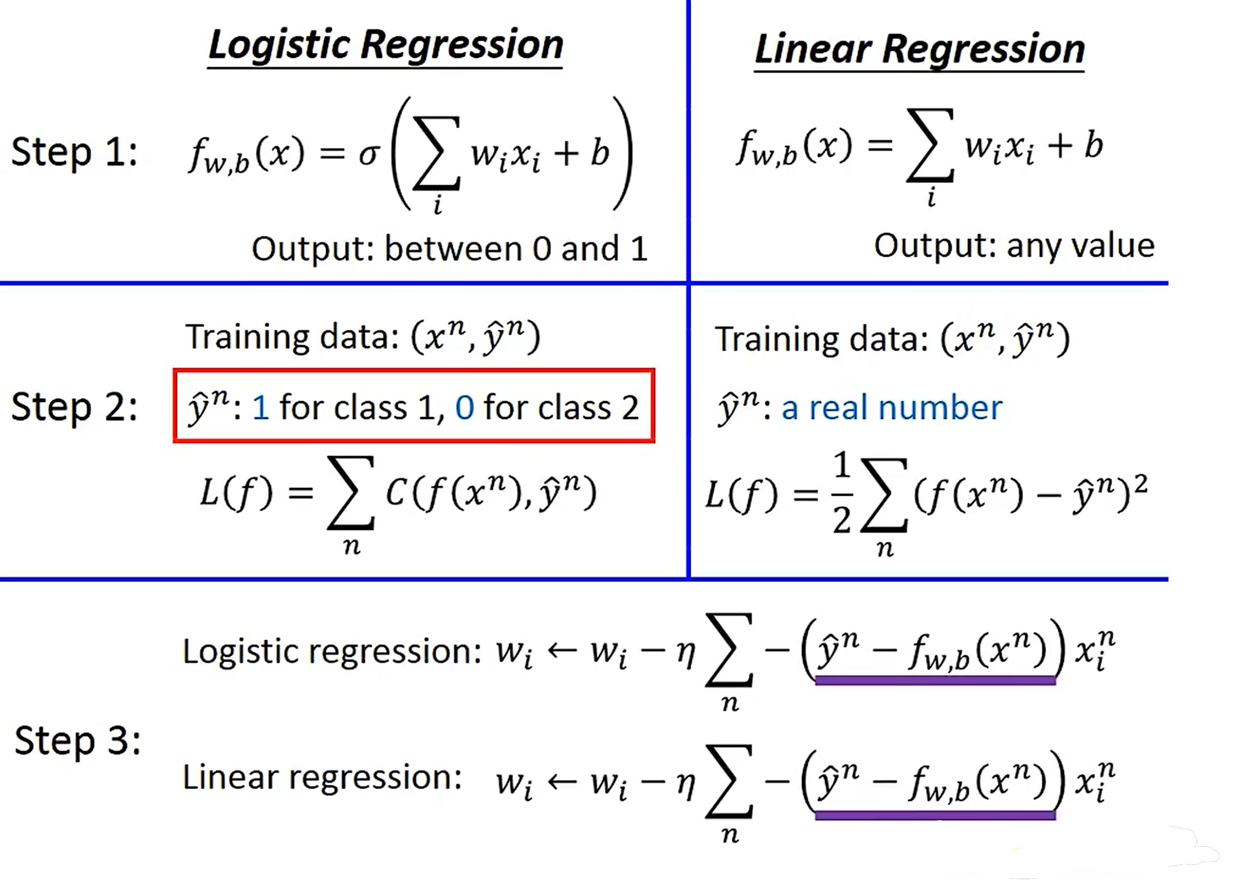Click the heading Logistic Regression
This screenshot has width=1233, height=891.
click(385, 45)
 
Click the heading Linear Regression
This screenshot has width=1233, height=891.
click(919, 49)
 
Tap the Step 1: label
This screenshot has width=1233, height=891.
click(75, 152)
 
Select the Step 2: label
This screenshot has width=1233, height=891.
click(75, 407)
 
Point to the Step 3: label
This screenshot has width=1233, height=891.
click(77, 741)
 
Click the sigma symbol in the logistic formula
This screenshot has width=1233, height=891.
click(369, 155)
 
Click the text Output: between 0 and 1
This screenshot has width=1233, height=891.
click(449, 249)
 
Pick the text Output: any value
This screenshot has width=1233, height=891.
click(1013, 246)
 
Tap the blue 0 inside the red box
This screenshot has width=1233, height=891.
click(464, 408)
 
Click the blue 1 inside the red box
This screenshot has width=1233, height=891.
click(261, 408)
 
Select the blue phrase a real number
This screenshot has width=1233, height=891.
click(892, 408)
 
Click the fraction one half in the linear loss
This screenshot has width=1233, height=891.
click(841, 494)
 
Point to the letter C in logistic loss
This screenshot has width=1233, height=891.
click(395, 494)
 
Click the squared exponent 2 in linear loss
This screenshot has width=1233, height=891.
click(1141, 483)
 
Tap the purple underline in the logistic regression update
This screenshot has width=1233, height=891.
click(935, 680)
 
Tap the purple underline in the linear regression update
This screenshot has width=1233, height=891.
click(935, 815)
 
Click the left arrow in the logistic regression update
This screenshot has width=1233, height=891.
click(561, 651)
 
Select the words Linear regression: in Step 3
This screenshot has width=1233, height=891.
click(322, 778)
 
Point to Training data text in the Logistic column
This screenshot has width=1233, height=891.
click(294, 337)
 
